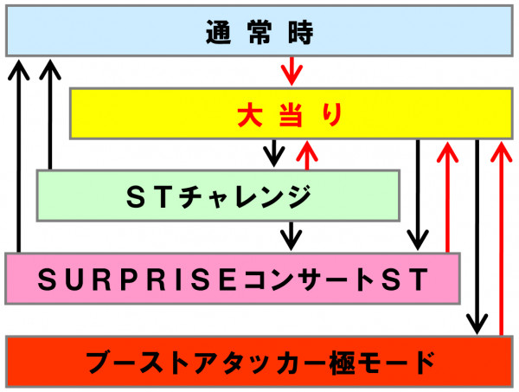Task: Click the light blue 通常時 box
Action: tap(259, 31)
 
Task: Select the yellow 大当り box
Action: tap(292, 113)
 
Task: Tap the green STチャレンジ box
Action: tap(218, 196)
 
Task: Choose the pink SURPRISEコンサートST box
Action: tap(233, 279)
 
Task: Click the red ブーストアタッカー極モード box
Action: tap(259, 361)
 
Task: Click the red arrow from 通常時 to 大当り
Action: tap(292, 71)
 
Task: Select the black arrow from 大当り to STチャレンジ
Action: tap(273, 153)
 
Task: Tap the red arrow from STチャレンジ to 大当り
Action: tap(307, 155)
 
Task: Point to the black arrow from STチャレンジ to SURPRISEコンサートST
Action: tap(291, 236)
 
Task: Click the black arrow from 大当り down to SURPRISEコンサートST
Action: tap(418, 195)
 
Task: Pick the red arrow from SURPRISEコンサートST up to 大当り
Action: tap(447, 196)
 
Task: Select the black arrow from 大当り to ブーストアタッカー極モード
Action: tap(477, 237)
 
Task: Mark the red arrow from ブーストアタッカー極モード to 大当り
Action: tap(501, 238)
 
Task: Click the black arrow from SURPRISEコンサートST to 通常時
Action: tap(19, 156)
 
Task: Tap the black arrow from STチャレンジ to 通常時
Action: tap(50, 114)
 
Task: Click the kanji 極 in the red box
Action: tap(343, 363)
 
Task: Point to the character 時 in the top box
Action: tap(300, 32)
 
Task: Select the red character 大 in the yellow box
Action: tap(250, 114)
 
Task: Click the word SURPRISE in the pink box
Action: tap(138, 280)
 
